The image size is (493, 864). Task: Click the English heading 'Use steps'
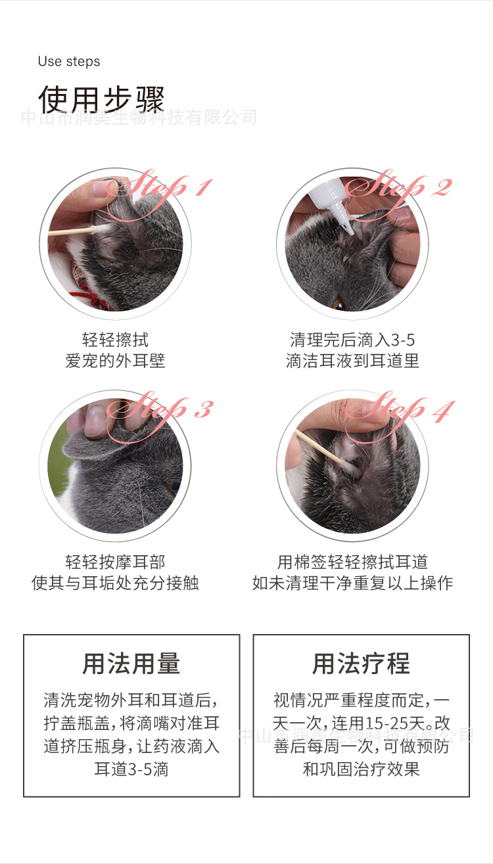pyautogui.click(x=69, y=62)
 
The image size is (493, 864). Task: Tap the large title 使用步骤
pyautogui.click(x=101, y=99)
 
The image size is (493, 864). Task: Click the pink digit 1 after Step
pyautogui.click(x=204, y=187)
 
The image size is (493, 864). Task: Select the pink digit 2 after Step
pyautogui.click(x=442, y=188)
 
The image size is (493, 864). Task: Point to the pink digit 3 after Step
pyautogui.click(x=204, y=409)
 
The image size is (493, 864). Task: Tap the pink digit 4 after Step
pyautogui.click(x=443, y=411)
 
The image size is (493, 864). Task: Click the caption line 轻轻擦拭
pyautogui.click(x=115, y=340)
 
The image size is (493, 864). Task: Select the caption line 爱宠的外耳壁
pyautogui.click(x=115, y=361)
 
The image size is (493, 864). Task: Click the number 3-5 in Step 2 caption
pyautogui.click(x=403, y=340)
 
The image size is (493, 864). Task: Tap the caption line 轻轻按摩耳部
pyautogui.click(x=115, y=562)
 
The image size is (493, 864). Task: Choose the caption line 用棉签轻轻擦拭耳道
pyautogui.click(x=352, y=562)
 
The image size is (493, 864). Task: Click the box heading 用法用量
pyautogui.click(x=131, y=664)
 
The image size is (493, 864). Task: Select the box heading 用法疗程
pyautogui.click(x=361, y=664)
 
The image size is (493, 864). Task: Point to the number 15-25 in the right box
pyautogui.click(x=387, y=723)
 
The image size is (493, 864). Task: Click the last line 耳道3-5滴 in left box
pyautogui.click(x=131, y=769)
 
